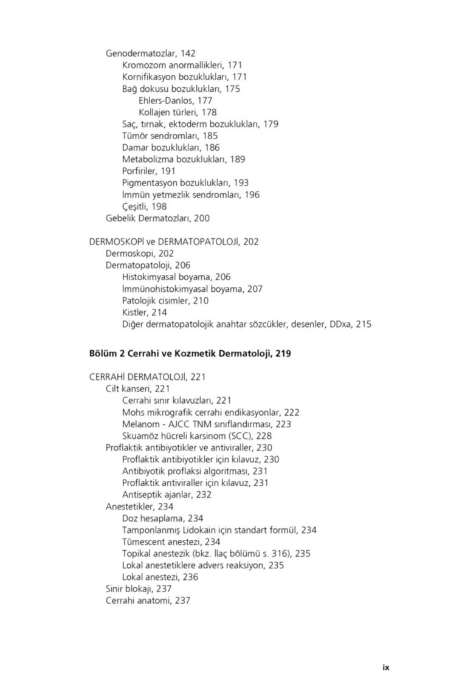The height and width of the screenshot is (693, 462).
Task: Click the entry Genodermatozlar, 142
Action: pos(150,53)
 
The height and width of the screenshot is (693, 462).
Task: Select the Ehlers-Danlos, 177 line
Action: pos(175,100)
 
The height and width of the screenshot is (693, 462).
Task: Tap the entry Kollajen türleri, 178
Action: pos(177,112)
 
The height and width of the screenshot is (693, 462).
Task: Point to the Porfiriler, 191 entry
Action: pos(148,171)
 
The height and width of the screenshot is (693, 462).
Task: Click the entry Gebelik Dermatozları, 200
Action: pos(157,218)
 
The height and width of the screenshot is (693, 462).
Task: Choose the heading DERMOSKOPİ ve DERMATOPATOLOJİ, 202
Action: pos(174,242)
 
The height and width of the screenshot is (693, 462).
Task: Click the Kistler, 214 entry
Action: pos(144,312)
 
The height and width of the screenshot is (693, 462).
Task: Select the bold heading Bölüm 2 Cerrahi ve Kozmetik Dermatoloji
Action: pos(190,353)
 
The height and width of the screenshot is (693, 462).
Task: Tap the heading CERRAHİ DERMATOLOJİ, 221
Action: pos(147,378)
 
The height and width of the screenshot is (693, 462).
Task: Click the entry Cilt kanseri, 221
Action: pos(137,389)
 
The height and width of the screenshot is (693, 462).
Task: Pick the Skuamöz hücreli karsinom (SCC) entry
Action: pos(197,436)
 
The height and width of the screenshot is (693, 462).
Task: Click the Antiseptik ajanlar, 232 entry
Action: pos(167,495)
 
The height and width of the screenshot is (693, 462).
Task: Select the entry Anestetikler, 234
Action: pos(139,506)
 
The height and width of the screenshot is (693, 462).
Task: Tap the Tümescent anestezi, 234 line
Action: pos(171,542)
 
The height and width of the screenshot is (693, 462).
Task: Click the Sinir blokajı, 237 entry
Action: pos(139,589)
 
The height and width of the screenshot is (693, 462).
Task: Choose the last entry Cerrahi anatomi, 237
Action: pos(148,601)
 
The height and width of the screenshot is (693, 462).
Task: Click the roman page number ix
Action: pos(385,667)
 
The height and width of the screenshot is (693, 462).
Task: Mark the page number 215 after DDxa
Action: pos(364,325)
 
